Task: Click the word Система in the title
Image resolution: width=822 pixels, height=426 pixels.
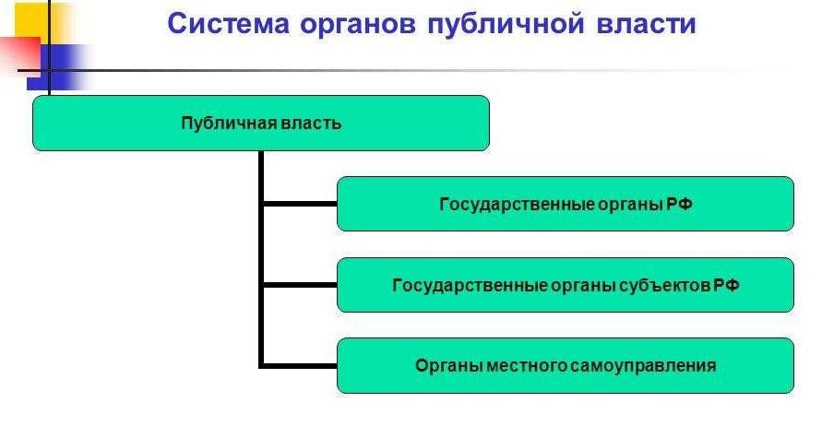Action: [x=229, y=24]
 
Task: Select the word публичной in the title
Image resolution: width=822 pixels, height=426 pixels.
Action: [x=506, y=24]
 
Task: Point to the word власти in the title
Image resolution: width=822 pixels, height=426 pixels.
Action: [x=646, y=24]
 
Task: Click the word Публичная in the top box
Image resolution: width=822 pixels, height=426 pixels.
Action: [x=229, y=124]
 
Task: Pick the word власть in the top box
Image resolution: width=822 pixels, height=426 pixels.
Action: [x=311, y=124]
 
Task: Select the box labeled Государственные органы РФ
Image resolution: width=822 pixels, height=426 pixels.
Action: [x=566, y=204]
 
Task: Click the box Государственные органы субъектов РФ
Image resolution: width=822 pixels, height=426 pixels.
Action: [x=566, y=285]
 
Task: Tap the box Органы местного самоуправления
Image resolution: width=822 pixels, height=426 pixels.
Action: [x=566, y=366]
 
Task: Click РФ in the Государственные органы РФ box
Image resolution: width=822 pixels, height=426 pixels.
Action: [x=679, y=204]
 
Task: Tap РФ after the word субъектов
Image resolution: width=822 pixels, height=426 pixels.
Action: [x=727, y=286]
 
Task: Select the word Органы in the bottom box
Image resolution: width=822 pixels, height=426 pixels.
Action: [x=449, y=366]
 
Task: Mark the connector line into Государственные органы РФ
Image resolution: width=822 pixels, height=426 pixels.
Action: [x=300, y=204]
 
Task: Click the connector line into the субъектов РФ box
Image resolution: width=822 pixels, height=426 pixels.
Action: [x=300, y=285]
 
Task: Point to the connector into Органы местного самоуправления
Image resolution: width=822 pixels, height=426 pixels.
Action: [x=300, y=366]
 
